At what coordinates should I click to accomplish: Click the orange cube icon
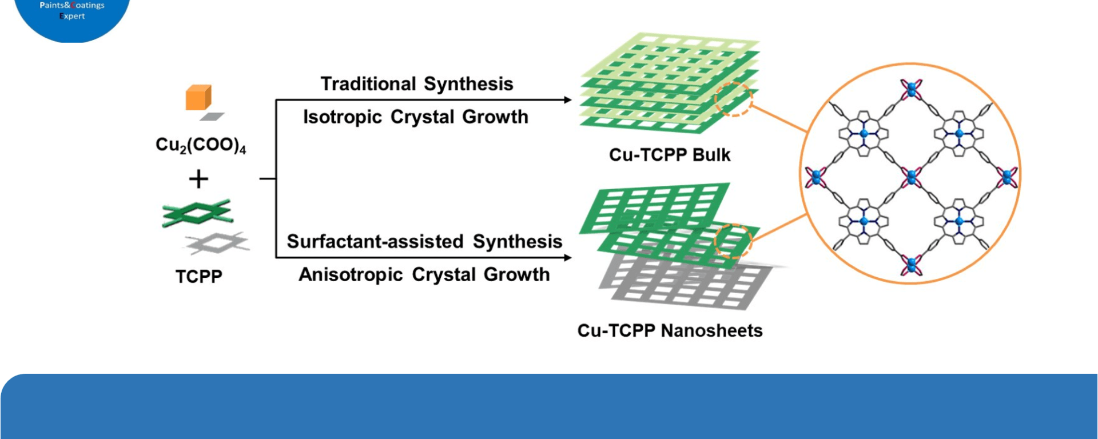click(198, 97)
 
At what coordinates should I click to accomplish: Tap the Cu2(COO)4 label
click(201, 145)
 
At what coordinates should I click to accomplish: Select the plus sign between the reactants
click(198, 179)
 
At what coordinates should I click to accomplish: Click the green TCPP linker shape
click(197, 213)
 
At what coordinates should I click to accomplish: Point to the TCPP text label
click(198, 277)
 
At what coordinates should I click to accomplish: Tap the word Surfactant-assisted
click(375, 241)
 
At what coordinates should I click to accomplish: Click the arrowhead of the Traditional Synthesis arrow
click(567, 100)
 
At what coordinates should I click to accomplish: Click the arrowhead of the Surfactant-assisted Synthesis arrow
click(567, 258)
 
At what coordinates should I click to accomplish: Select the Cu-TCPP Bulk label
click(670, 155)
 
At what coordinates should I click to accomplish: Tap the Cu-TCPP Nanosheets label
click(670, 330)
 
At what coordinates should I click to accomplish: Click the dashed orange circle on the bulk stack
click(734, 99)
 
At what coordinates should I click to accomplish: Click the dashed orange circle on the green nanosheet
click(733, 242)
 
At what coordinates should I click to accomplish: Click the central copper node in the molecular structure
click(911, 177)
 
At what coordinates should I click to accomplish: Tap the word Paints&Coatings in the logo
click(72, 5)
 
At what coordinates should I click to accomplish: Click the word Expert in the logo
click(72, 16)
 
